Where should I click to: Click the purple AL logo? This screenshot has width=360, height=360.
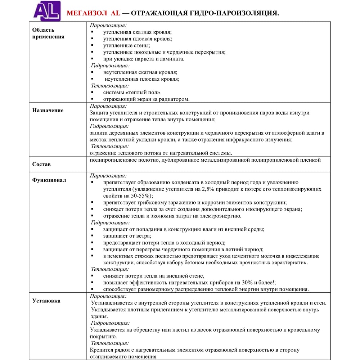pyautogui.click(x=47, y=11)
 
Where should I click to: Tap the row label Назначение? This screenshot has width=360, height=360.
pyautogui.click(x=48, y=111)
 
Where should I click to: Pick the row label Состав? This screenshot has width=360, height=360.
pyautogui.click(x=41, y=164)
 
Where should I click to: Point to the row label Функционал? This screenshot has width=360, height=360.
pyautogui.click(x=49, y=180)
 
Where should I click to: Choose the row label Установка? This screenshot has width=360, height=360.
pyautogui.click(x=46, y=301)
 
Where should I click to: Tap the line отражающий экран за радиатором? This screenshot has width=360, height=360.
pyautogui.click(x=146, y=99)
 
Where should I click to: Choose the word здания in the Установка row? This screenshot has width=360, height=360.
pyautogui.click(x=99, y=316)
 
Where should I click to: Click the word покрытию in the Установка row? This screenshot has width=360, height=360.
pyautogui.click(x=103, y=337)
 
